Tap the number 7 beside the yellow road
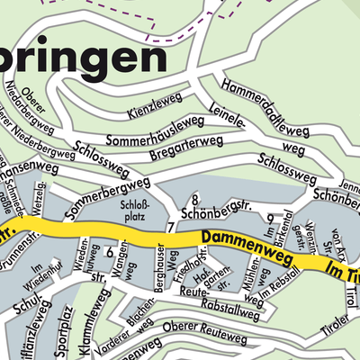click(x=170, y=227)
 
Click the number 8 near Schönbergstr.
click(x=194, y=199)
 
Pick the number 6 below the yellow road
click(x=109, y=253)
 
